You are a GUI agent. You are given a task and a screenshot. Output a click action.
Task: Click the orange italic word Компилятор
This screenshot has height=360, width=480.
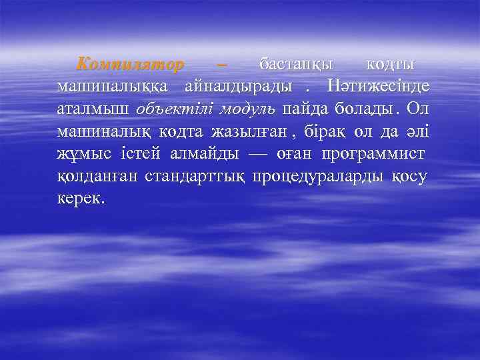point(130,65)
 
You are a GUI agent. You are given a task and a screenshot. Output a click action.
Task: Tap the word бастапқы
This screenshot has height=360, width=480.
point(295,65)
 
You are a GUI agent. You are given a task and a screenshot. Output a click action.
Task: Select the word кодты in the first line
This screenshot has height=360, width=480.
point(391,65)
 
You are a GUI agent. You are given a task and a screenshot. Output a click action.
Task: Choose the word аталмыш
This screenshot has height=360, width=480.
point(93,109)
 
